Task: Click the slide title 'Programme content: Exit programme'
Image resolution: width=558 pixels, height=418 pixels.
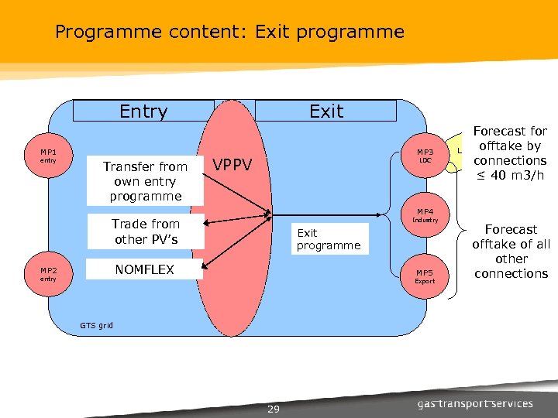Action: (x=229, y=32)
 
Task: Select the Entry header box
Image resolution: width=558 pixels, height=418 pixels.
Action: (x=143, y=111)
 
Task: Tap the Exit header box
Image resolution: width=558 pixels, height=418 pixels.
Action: (x=325, y=111)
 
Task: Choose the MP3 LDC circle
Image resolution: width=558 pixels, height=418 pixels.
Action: (x=425, y=156)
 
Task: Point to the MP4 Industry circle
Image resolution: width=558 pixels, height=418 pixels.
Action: (x=425, y=215)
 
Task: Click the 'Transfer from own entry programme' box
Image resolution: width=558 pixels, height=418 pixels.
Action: (x=145, y=181)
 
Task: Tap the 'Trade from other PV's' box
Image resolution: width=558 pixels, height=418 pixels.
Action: (x=146, y=231)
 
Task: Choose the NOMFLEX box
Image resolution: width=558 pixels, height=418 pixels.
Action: (x=145, y=269)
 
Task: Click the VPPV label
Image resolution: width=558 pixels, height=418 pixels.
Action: (x=233, y=164)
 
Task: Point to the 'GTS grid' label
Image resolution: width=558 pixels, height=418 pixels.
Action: (x=97, y=325)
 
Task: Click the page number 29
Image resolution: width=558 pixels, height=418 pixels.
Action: (x=273, y=408)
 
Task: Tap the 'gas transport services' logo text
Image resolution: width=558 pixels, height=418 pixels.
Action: (x=475, y=403)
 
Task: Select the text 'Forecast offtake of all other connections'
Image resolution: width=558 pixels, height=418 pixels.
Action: (x=511, y=252)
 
